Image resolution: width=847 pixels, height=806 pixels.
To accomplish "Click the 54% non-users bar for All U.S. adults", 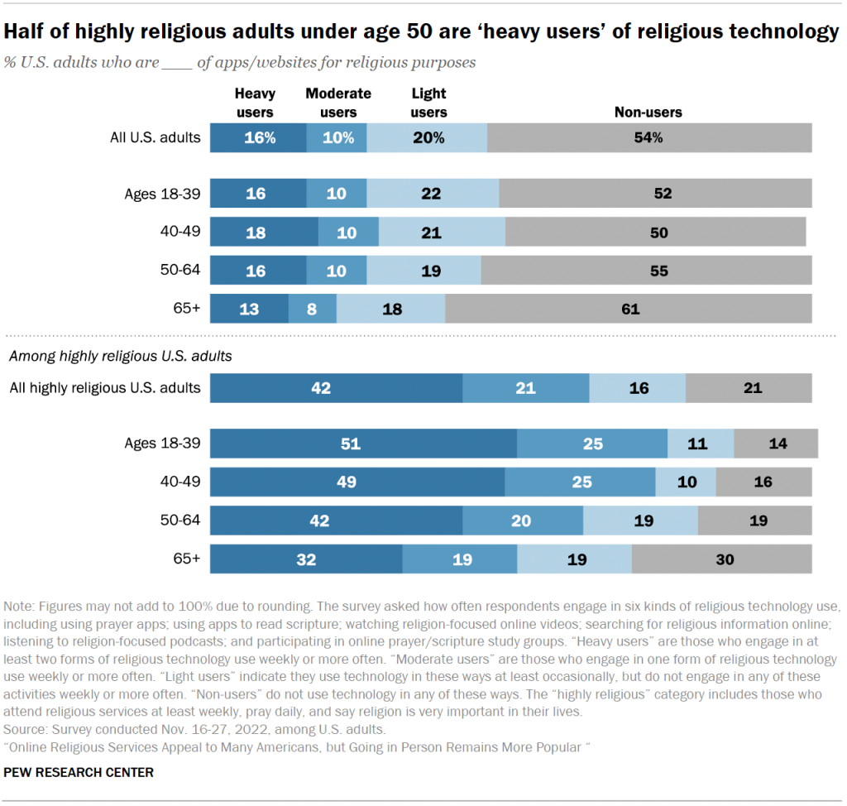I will click(649, 138).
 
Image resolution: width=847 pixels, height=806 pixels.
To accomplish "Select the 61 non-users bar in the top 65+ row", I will click(629, 309).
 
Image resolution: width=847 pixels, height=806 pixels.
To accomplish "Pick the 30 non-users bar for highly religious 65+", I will click(721, 559).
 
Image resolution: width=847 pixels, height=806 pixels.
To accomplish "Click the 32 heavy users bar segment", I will click(306, 559).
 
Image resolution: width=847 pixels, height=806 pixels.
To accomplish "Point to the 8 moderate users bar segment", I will click(313, 309).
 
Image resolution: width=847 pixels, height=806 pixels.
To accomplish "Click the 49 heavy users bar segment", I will click(357, 482).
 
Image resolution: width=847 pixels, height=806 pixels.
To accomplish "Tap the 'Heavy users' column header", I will click(255, 103).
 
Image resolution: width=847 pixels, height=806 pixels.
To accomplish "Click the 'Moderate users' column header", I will click(338, 103).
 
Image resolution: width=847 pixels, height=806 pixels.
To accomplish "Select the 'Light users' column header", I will click(428, 103).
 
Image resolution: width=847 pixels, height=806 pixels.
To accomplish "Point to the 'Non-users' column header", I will click(648, 113).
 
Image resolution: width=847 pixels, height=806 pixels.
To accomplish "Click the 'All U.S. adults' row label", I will click(156, 138).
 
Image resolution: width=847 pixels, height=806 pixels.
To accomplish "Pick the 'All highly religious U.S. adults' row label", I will click(104, 387).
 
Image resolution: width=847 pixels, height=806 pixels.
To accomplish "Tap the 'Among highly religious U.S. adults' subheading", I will click(120, 357).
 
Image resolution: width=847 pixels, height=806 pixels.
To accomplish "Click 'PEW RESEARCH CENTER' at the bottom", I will click(79, 772).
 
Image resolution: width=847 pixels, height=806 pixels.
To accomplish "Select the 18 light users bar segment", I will click(390, 309).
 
